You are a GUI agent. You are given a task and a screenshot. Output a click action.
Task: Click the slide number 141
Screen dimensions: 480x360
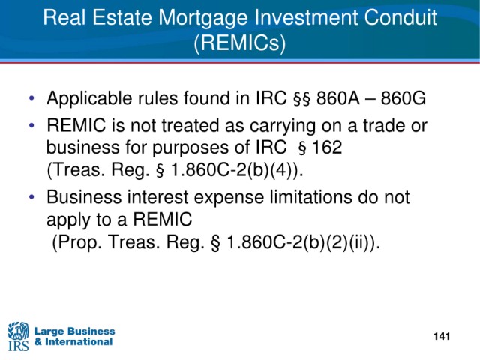[442, 336]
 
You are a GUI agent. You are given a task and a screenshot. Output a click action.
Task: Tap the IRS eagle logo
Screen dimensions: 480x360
[18, 336]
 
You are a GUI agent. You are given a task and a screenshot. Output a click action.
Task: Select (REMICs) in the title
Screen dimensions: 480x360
[240, 42]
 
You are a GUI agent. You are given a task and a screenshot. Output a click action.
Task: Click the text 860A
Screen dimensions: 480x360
[338, 98]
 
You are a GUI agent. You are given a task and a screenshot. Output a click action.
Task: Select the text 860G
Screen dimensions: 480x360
[403, 98]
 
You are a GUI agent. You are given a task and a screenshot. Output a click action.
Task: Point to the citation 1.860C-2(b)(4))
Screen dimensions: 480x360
[237, 170]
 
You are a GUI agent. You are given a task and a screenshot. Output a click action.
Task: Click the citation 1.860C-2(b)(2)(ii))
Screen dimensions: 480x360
[303, 242]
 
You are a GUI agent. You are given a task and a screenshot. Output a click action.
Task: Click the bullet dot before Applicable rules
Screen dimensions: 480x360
[31, 98]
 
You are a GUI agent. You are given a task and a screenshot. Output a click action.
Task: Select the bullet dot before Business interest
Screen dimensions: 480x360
[31, 197]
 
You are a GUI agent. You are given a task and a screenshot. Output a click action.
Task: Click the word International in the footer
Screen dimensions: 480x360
[79, 342]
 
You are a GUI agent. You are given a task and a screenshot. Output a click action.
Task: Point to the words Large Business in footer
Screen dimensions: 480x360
[75, 331]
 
